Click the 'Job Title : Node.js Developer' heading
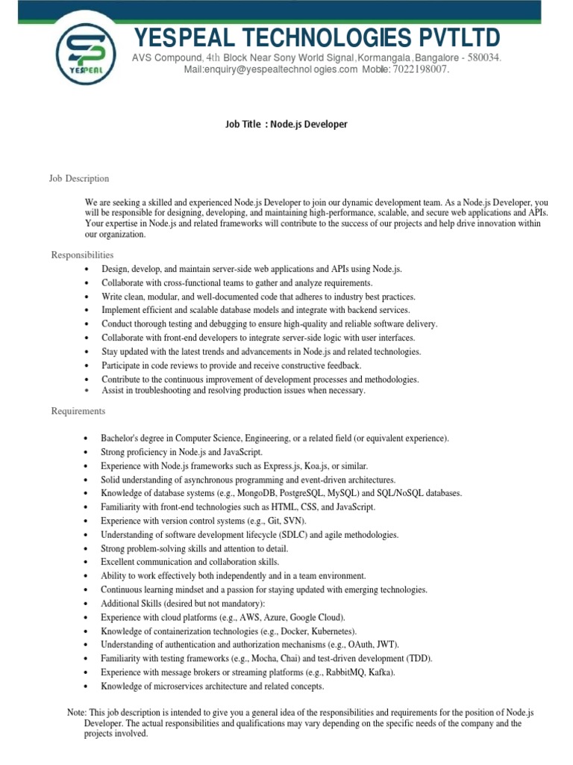click(286, 124)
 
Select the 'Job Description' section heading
click(79, 179)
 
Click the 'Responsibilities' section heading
click(82, 255)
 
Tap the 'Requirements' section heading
click(78, 412)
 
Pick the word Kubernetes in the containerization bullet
click(332, 631)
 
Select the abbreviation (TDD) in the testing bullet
click(419, 659)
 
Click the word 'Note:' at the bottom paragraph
click(77, 713)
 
